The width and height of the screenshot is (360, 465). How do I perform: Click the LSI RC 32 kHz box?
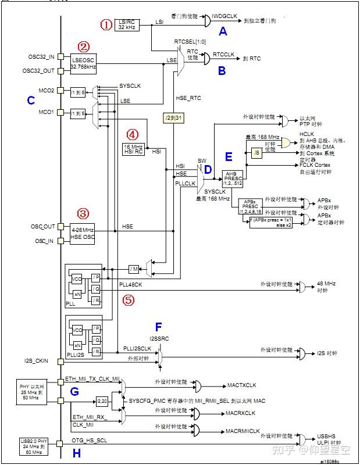(127, 24)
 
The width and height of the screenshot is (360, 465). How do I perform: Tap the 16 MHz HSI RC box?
(133, 148)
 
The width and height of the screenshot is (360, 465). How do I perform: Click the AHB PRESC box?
(234, 177)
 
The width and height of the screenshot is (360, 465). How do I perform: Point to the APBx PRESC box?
(251, 206)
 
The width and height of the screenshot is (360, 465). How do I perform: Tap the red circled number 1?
(106, 24)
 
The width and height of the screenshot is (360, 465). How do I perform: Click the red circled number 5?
(129, 301)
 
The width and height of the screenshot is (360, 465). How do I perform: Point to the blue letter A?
(222, 33)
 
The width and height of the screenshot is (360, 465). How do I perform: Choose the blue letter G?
(74, 392)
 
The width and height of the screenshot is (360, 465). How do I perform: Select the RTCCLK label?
(223, 54)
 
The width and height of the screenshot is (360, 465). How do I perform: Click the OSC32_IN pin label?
(41, 57)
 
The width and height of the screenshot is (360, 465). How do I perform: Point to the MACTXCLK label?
(242, 385)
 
